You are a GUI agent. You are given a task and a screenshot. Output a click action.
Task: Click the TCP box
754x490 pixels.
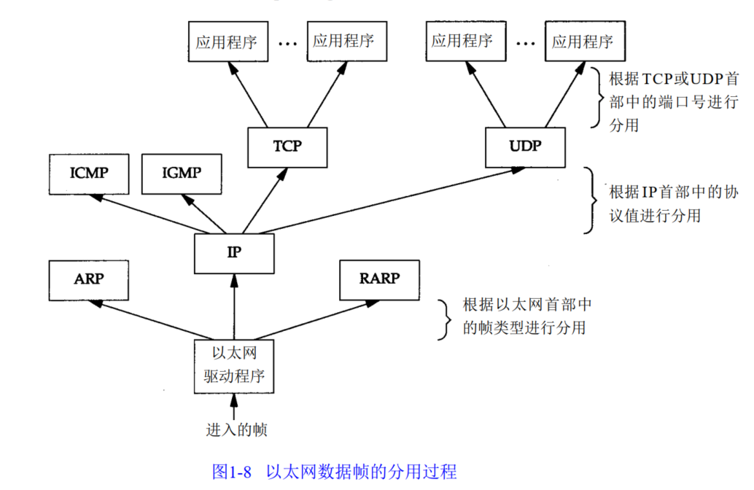(287, 146)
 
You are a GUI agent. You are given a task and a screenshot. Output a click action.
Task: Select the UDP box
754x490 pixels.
(525, 146)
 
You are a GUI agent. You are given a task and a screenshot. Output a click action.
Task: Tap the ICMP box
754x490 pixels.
(88, 173)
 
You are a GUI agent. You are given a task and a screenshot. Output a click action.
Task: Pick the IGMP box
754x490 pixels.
(181, 173)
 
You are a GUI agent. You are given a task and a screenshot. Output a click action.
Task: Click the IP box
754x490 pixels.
(234, 253)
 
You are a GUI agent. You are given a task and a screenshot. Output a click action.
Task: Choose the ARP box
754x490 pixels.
(88, 279)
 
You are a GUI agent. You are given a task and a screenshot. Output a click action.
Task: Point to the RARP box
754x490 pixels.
(379, 279)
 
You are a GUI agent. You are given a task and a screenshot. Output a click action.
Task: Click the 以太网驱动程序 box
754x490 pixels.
(234, 365)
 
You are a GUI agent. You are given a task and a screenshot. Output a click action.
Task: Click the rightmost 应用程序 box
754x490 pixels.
(582, 41)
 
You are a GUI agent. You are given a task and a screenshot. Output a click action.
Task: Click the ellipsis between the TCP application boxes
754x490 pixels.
(287, 44)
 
